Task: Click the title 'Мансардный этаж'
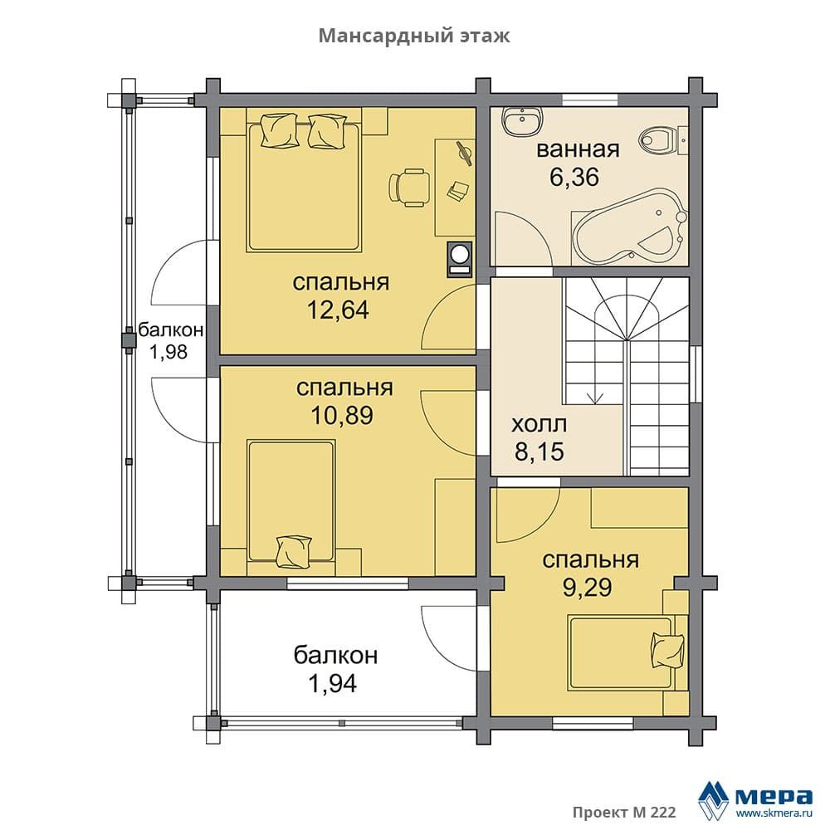pos(414,36)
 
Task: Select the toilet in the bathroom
pos(662,141)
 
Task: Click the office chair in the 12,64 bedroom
pos(409,185)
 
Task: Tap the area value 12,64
pos(338,310)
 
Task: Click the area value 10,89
pos(342,415)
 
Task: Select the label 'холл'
pos(539,424)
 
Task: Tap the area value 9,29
pos(588,587)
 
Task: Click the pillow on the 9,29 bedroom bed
pos(668,651)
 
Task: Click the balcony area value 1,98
pos(168,351)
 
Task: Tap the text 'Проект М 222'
pos(624,812)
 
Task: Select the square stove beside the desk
pos(460,259)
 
